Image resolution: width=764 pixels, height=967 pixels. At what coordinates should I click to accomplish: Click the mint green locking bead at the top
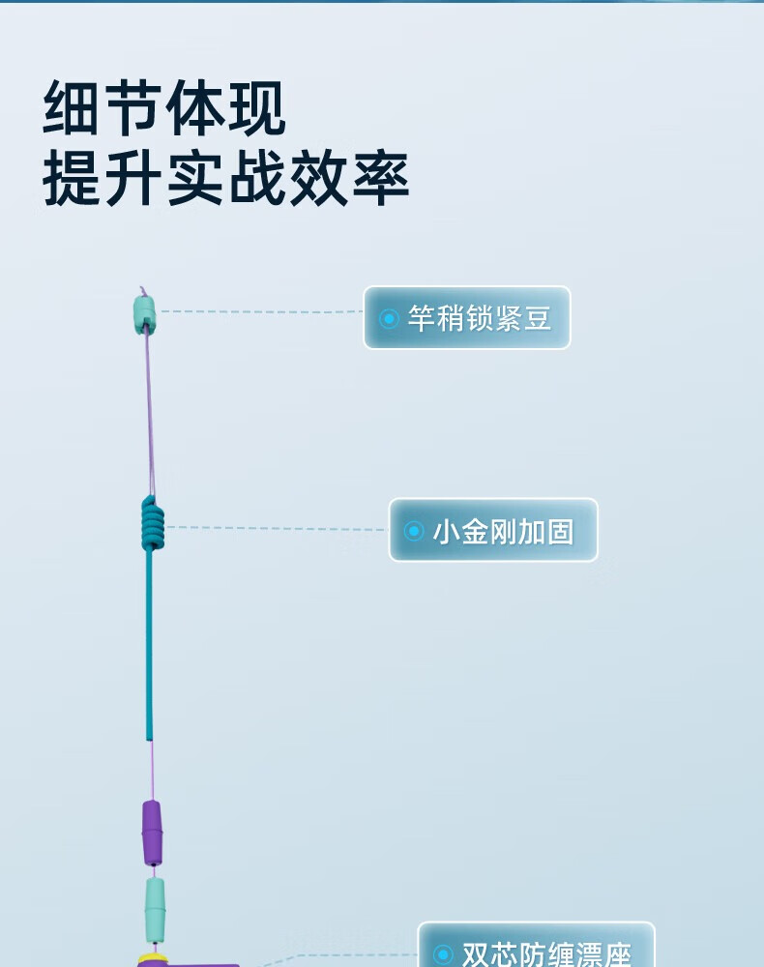pyautogui.click(x=144, y=314)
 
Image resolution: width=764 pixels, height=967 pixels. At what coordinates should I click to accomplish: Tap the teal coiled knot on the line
pyautogui.click(x=152, y=523)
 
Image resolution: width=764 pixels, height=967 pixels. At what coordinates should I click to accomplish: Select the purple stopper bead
pyautogui.click(x=152, y=833)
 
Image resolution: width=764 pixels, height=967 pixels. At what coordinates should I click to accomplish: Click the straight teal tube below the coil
pyautogui.click(x=150, y=648)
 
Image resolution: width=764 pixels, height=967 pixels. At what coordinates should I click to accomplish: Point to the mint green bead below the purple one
pyautogui.click(x=155, y=909)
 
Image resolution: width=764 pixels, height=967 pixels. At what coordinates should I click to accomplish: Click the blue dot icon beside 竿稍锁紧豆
pyautogui.click(x=389, y=318)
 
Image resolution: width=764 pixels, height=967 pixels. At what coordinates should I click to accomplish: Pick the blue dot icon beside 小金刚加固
pyautogui.click(x=414, y=531)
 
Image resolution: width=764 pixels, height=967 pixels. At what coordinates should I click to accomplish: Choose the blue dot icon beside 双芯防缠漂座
pyautogui.click(x=443, y=954)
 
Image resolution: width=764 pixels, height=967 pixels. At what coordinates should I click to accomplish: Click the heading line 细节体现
pyautogui.click(x=164, y=109)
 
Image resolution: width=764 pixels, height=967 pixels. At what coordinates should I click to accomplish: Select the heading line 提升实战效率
pyautogui.click(x=226, y=178)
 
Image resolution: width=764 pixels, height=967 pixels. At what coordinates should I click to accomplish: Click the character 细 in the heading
pyautogui.click(x=72, y=109)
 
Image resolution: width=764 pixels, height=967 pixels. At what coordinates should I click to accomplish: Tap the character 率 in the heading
pyautogui.click(x=381, y=178)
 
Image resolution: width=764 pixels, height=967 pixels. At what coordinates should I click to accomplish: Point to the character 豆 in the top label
pyautogui.click(x=538, y=318)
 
